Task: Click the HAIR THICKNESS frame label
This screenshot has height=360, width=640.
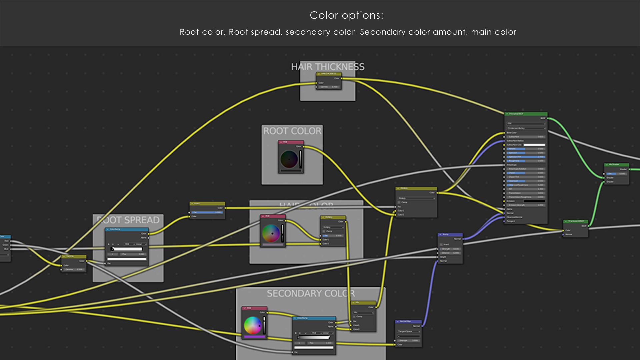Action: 328,67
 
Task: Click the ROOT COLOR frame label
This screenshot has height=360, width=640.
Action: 292,131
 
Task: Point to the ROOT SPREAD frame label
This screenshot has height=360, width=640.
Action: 128,220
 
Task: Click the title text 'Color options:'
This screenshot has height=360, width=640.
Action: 346,15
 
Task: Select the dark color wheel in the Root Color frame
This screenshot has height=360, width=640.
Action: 289,159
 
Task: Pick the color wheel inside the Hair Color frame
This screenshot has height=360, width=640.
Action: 271,233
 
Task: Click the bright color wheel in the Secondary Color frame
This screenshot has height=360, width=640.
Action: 253,325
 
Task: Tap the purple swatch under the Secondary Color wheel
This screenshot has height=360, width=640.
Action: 254,337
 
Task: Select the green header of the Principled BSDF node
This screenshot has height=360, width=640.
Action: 526,114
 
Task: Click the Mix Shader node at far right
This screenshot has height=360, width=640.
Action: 616,173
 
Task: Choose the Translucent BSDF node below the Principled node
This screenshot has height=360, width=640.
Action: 575,229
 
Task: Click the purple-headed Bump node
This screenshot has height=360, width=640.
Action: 450,248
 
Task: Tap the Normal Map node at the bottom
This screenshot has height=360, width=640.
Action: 408,333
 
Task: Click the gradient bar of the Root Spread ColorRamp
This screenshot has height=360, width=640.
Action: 127,249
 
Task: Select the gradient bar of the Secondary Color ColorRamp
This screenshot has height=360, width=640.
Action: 313,337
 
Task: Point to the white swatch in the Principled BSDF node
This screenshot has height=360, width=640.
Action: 534,145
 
